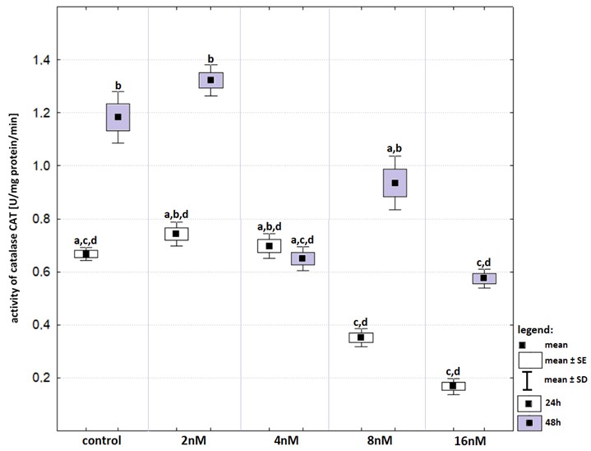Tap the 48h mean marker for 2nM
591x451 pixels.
[210, 80]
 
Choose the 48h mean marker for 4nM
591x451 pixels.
[302, 258]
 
